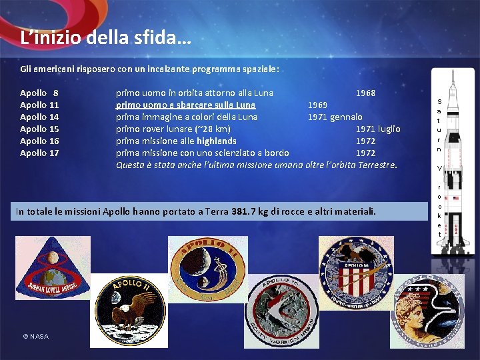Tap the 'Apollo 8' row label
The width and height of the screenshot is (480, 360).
[x=39, y=93]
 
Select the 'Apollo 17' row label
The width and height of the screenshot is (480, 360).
[x=39, y=153]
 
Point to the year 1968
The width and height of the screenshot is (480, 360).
[x=365, y=93]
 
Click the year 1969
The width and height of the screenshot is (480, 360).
[x=317, y=105]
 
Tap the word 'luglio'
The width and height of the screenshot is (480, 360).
[x=389, y=129]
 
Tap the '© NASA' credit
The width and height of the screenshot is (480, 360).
[x=35, y=336]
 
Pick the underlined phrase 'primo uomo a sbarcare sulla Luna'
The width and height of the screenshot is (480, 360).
[x=185, y=105]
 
